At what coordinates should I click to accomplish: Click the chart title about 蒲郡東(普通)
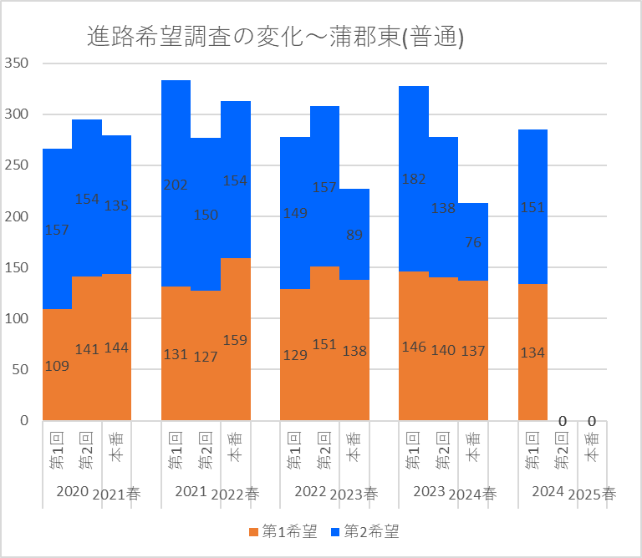pos(276,37)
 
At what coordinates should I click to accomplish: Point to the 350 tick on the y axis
pos(17,63)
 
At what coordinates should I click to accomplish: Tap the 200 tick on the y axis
pos(17,216)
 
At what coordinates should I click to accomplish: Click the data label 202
pos(176,185)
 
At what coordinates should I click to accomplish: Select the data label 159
pos(235,340)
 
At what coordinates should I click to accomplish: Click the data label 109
pos(57,365)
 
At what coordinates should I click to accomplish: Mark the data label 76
pos(472,242)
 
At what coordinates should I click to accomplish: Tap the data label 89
pos(354,236)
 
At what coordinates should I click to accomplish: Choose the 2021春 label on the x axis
pos(116,494)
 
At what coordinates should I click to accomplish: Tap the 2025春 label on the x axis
pos(592,494)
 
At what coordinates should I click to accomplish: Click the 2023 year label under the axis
pos(428,491)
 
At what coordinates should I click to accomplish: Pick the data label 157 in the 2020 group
pos(57,230)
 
